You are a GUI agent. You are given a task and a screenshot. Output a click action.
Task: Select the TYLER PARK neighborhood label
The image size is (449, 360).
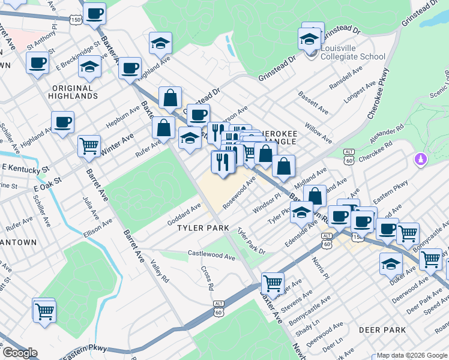(x=203, y=228)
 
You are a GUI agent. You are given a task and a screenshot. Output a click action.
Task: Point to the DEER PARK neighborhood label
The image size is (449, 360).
(x=382, y=330)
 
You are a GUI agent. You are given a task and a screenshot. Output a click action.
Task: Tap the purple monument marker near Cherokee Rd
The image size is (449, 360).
(x=420, y=160)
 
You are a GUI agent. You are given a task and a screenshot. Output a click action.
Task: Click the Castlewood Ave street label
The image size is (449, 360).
(x=211, y=256)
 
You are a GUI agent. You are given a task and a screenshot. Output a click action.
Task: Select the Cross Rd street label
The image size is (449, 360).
(x=208, y=278)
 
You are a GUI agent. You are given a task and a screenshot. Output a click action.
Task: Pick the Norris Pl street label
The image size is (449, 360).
(x=319, y=268)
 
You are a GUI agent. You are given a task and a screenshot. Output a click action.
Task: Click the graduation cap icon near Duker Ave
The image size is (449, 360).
(x=391, y=262)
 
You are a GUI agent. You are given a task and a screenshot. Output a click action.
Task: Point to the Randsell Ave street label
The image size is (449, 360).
(x=346, y=77)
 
